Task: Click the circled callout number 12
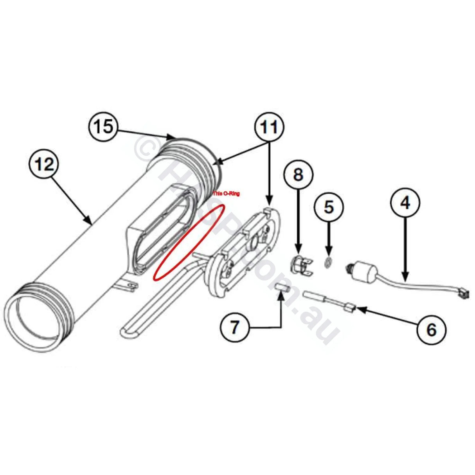tap(45, 164)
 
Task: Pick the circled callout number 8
tap(298, 175)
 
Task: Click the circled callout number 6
tap(431, 329)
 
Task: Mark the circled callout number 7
tap(234, 327)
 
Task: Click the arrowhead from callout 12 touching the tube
tap(90, 223)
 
